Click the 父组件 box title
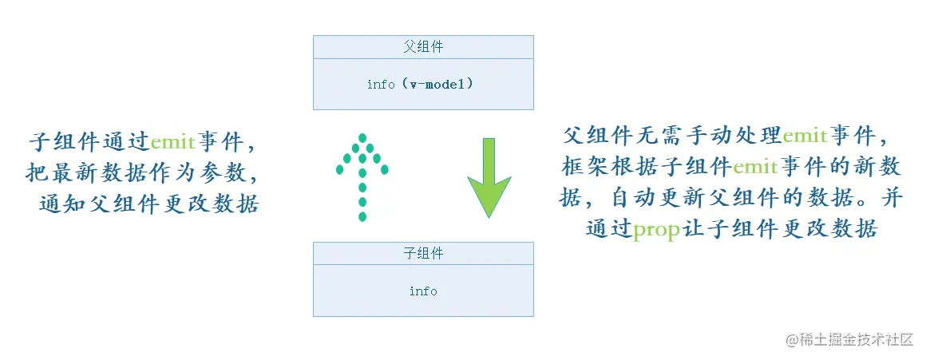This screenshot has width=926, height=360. [x=423, y=47]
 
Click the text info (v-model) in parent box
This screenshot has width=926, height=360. [x=420, y=83]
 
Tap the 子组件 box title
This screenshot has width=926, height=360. [x=423, y=254]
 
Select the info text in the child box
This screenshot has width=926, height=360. [x=423, y=291]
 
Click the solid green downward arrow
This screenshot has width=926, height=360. [x=489, y=180]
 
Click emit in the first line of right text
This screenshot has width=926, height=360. [x=805, y=136]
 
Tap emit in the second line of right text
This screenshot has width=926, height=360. [x=754, y=168]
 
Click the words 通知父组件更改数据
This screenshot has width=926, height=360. [x=149, y=204]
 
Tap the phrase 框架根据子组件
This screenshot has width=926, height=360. [x=647, y=168]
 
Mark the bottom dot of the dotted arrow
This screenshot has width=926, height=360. [x=362, y=216]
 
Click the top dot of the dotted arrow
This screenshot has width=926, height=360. [x=362, y=137]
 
